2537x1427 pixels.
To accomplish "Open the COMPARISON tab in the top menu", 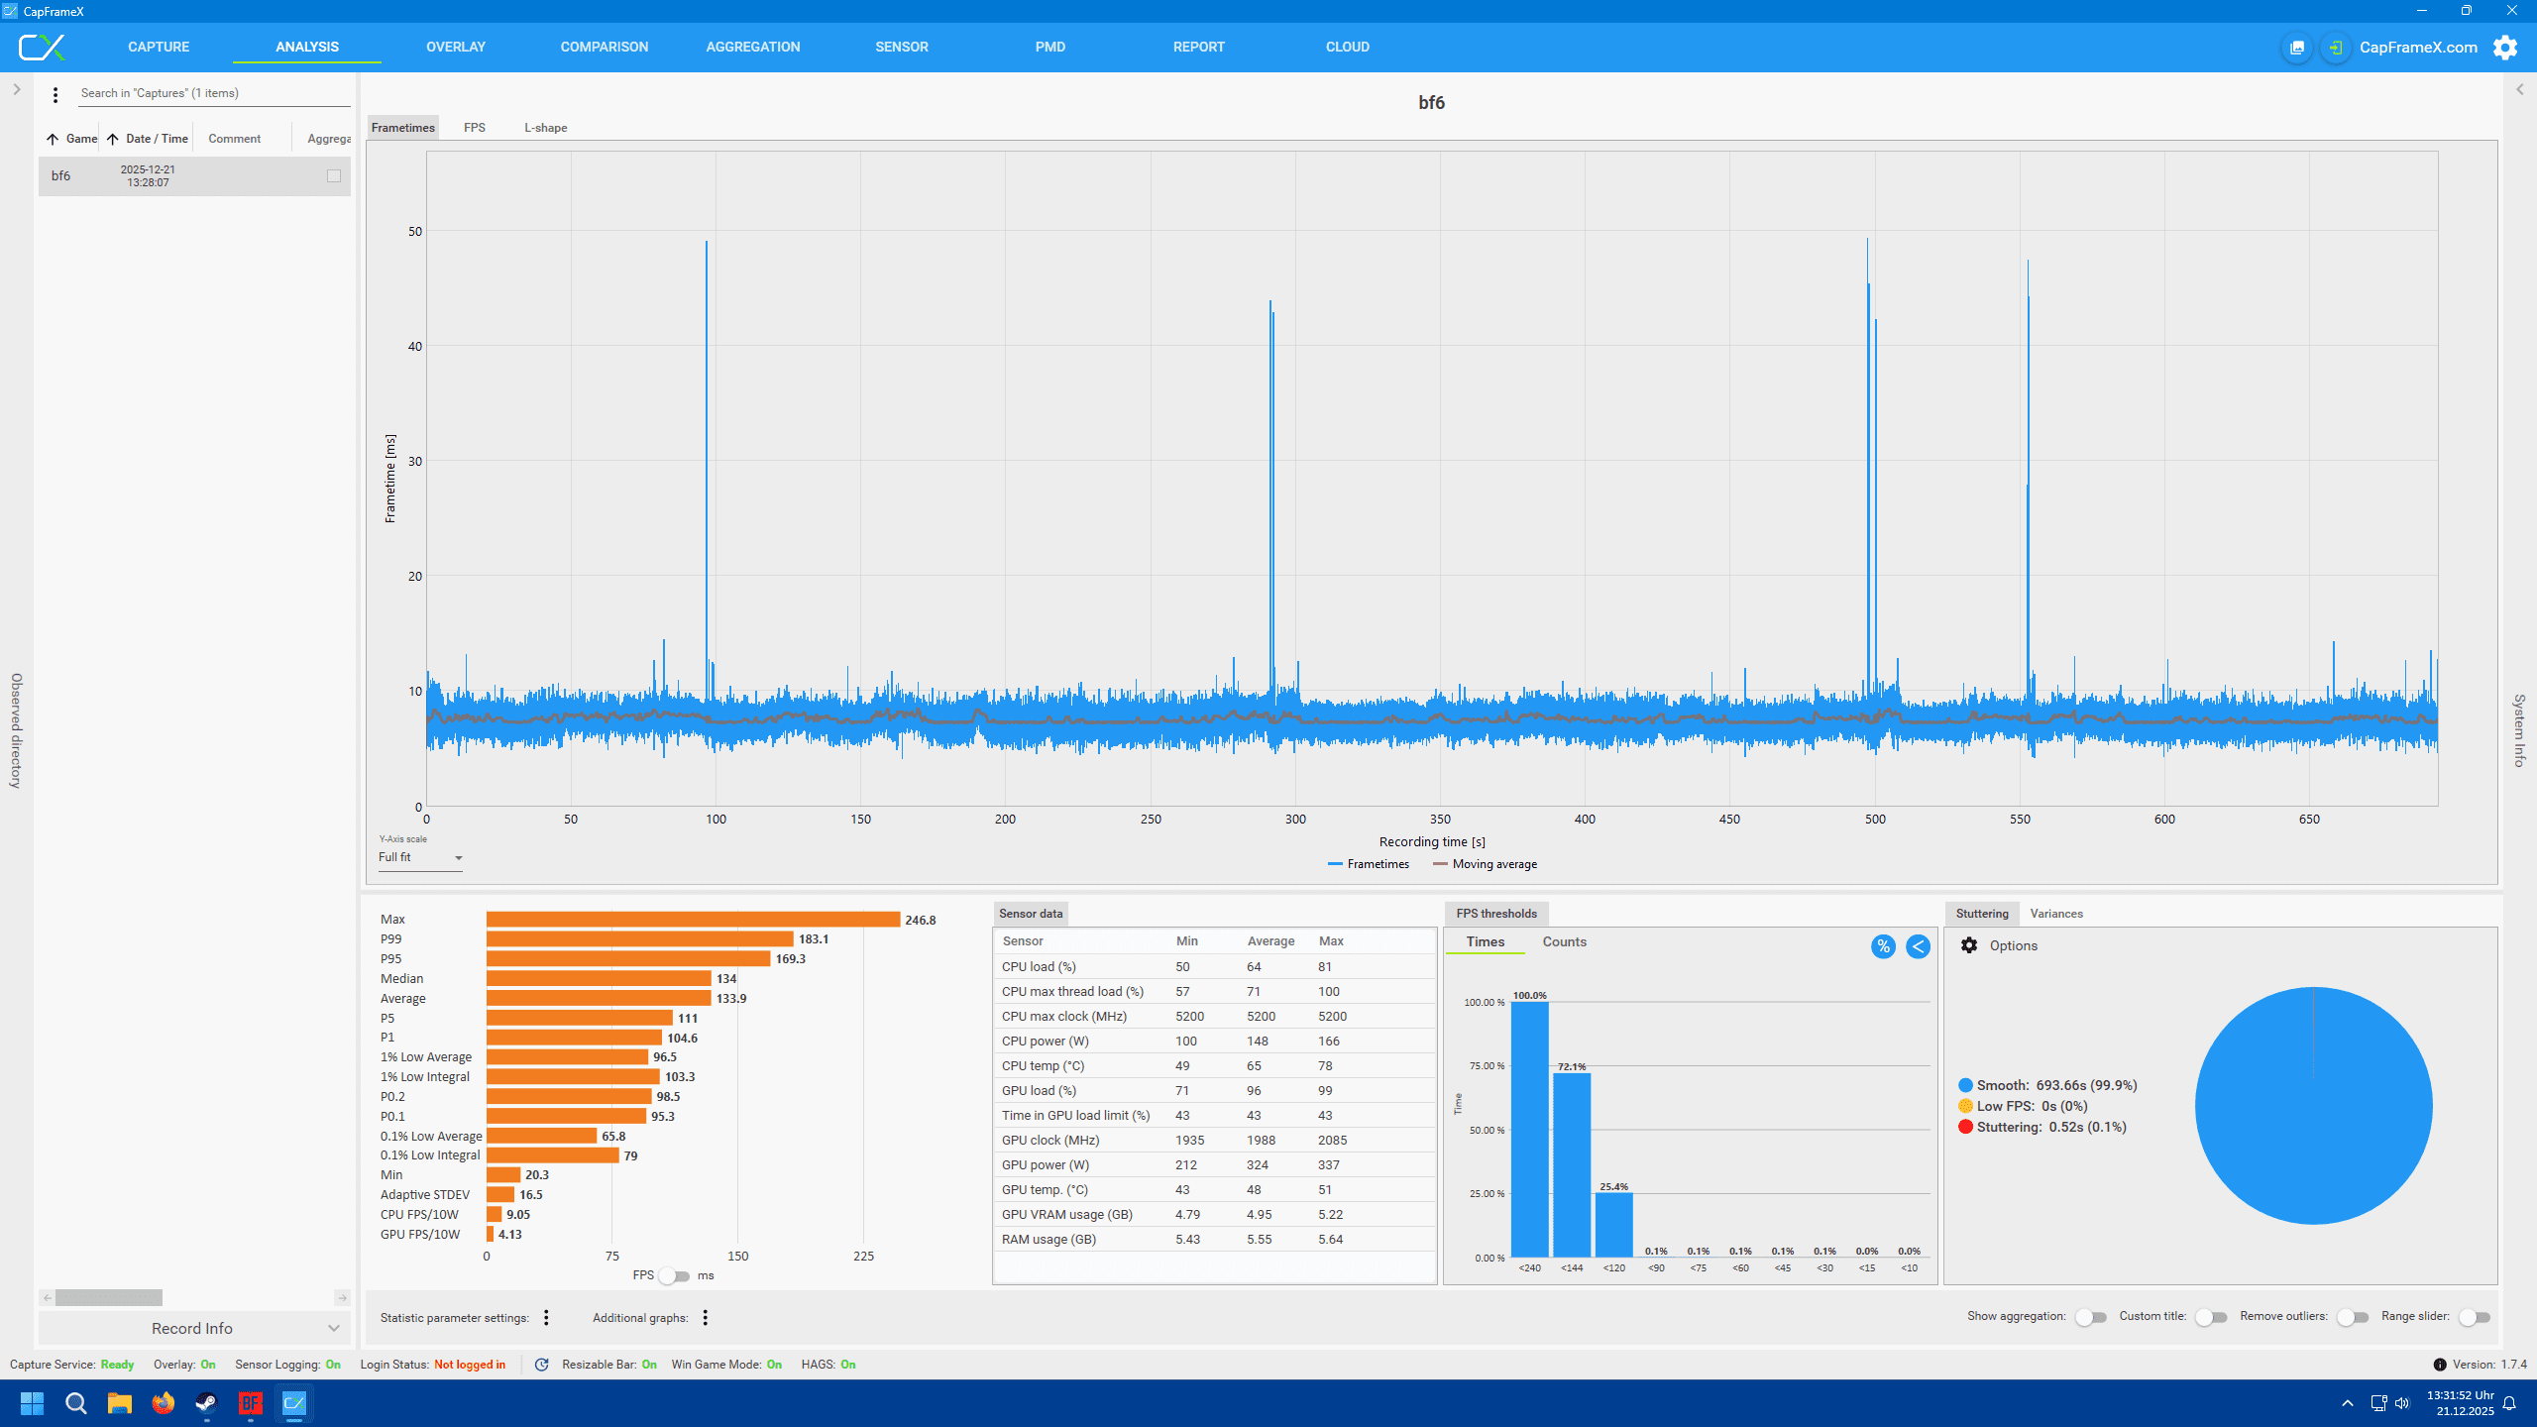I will tap(604, 47).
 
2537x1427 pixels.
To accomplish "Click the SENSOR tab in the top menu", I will tap(901, 47).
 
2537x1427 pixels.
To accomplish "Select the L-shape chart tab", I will tap(545, 128).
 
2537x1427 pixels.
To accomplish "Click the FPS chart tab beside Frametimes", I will tap(475, 128).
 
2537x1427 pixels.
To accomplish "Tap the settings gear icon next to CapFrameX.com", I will tap(2504, 48).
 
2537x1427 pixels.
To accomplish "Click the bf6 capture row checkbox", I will tap(334, 176).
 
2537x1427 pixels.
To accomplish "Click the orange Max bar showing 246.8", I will tap(693, 920).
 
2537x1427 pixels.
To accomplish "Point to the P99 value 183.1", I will tap(814, 939).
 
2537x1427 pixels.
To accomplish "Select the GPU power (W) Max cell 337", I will tap(1332, 1165).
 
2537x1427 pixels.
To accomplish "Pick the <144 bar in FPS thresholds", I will tap(1572, 1164).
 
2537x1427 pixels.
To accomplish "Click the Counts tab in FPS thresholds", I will tap(1564, 942).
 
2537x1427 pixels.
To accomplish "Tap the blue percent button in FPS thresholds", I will tap(1883, 946).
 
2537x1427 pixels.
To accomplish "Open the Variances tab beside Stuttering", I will tap(2056, 914).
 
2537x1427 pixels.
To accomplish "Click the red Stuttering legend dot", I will tap(1965, 1127).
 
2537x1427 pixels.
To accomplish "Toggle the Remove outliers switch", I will tap(2353, 1317).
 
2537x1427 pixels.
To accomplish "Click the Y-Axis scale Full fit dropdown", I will tap(420, 858).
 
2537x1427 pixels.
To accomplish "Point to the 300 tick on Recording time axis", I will tap(1295, 820).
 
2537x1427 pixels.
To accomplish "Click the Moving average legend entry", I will tap(1485, 864).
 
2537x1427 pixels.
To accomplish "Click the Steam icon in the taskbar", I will tap(206, 1403).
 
